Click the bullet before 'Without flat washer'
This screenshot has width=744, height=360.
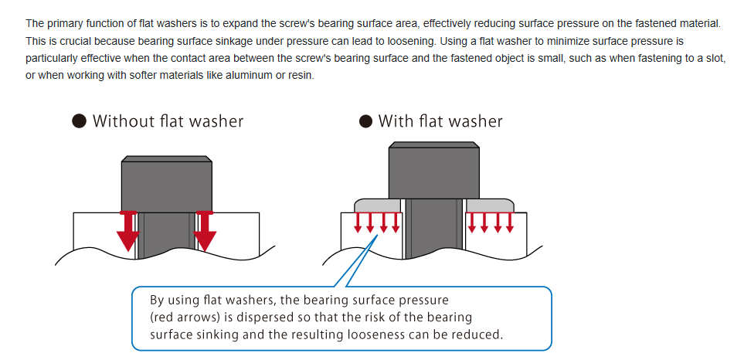tap(80, 121)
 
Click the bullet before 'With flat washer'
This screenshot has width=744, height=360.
tap(365, 121)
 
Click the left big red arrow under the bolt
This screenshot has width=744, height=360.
tap(128, 231)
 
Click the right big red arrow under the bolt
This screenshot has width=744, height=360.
tap(205, 231)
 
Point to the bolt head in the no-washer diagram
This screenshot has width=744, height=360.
tap(167, 183)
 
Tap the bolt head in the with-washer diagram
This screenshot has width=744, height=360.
tap(433, 170)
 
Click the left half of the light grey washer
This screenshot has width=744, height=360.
tap(377, 205)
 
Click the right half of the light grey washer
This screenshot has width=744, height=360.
tap(490, 205)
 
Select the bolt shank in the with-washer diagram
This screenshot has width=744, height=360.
tap(433, 229)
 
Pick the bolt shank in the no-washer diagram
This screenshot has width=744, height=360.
tap(167, 236)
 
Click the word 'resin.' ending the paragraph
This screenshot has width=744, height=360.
tap(301, 76)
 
